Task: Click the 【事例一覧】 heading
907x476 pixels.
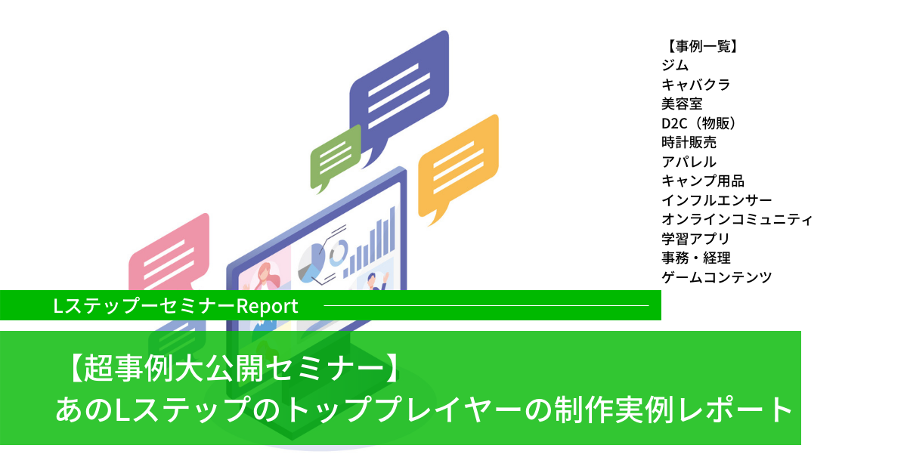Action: pos(699,46)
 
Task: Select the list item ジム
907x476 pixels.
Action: pos(675,65)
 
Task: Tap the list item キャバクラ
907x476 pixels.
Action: pos(695,85)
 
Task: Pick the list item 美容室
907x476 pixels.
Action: pos(682,104)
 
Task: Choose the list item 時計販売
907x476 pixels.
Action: pos(689,142)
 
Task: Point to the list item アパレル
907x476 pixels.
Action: pos(689,162)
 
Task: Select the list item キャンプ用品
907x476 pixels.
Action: pos(703,181)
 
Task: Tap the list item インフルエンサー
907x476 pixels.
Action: pos(717,200)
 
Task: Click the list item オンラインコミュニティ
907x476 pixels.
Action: pos(737,219)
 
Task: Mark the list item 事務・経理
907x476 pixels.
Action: pos(695,258)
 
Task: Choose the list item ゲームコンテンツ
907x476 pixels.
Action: pos(717,277)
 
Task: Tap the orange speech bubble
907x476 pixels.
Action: pos(459,165)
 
